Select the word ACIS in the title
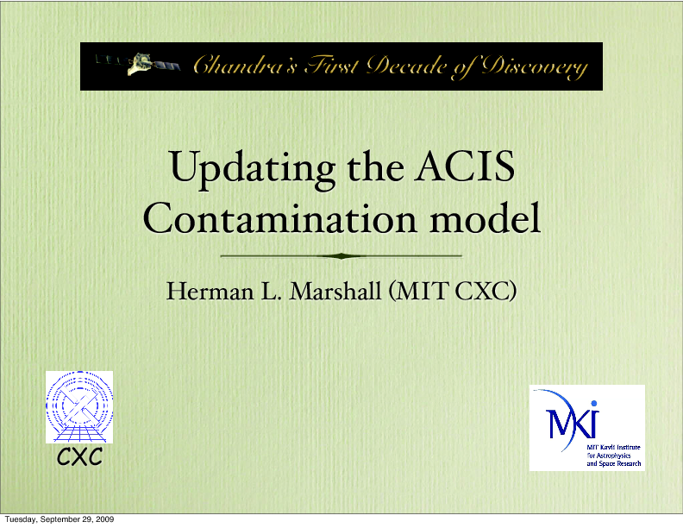click(464, 166)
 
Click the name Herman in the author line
click(210, 291)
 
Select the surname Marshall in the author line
click(335, 291)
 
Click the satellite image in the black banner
click(138, 64)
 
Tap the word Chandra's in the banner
click(245, 65)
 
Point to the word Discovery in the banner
click(534, 67)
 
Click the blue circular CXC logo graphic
click(79, 407)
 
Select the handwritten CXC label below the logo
click(79, 456)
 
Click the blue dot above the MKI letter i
click(593, 404)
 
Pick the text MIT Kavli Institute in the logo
click(613, 447)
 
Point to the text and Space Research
click(614, 463)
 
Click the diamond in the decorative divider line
click(341, 256)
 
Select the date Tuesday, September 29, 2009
click(60, 519)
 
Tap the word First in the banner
click(332, 65)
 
